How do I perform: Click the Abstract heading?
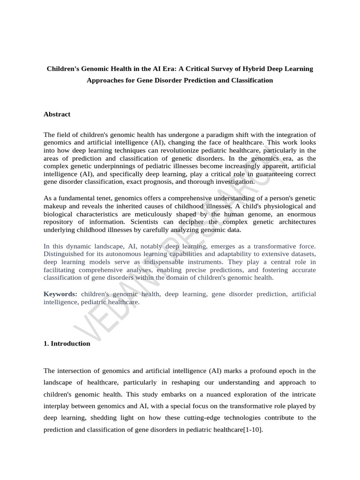pyautogui.click(x=57, y=114)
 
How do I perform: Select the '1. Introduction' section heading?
pyautogui.click(x=67, y=343)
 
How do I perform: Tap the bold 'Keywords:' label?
pyautogui.click(x=60, y=294)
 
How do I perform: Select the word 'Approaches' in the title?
pyautogui.click(x=105, y=80)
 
